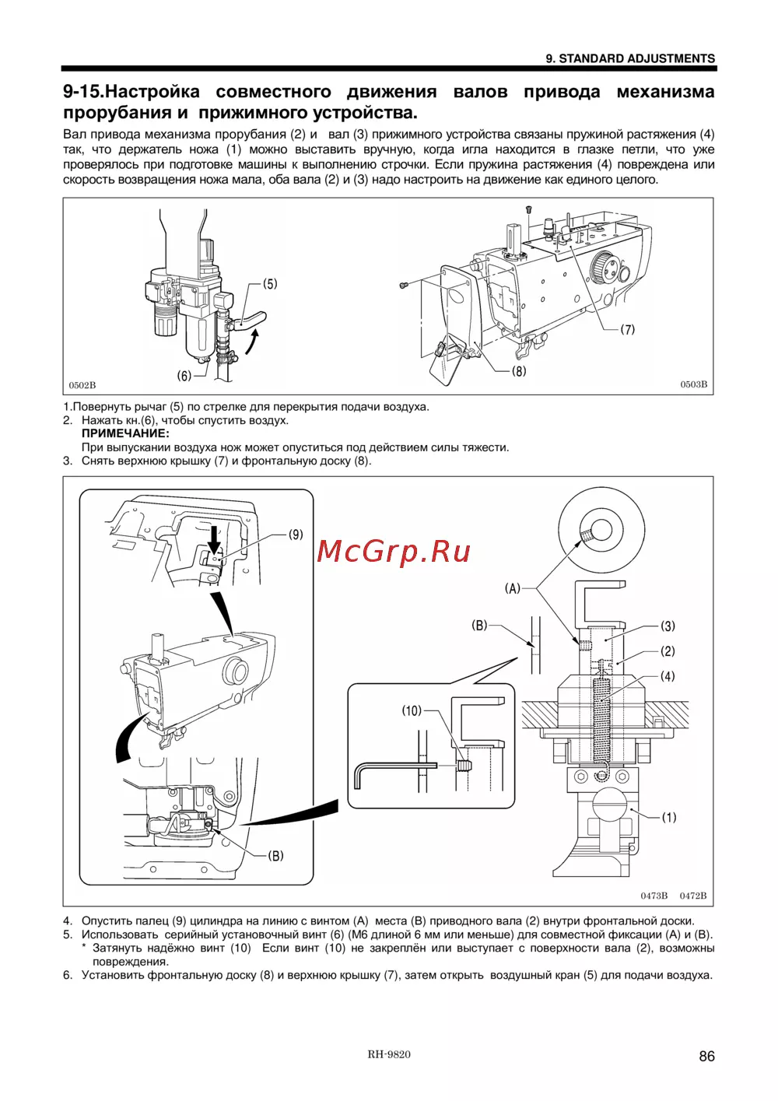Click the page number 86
pos(706,1056)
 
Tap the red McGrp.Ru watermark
pos(394,551)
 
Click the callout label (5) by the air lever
pos(269,284)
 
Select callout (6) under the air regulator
pos(184,376)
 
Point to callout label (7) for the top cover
pos(627,329)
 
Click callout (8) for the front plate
pos(518,371)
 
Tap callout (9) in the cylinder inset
pos(296,535)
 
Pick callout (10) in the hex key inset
pos(412,710)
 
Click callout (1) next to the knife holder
pos(669,817)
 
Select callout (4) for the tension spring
pos(668,676)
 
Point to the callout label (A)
pos(512,588)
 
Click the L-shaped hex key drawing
pos(389,770)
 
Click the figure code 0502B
pos(82,385)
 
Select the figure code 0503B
pos(693,384)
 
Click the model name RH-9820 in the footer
pos(389,1054)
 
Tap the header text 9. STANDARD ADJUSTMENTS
pos(630,58)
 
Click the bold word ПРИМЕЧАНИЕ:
pos(125,433)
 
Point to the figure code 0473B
pos(654,896)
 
